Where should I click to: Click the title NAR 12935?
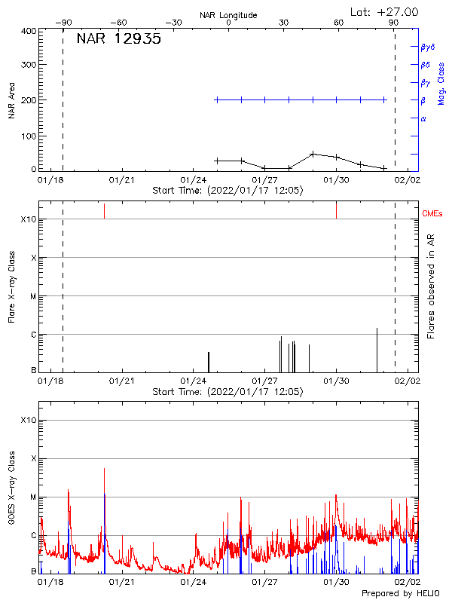pos(118,40)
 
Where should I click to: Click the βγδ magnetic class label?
pos(428,47)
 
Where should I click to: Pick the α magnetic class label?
pos(423,118)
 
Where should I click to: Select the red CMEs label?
pos(433,214)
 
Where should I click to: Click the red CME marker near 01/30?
pos(336,210)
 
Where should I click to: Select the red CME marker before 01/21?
pos(105,211)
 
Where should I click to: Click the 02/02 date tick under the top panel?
pos(408,181)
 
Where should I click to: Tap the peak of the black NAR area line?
pos(313,154)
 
